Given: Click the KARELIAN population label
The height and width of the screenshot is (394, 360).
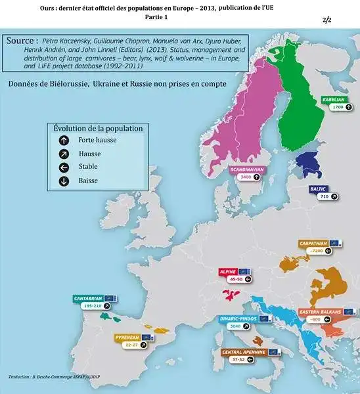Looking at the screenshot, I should coord(333,98).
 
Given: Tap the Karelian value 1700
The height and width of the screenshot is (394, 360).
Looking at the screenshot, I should coord(338,106).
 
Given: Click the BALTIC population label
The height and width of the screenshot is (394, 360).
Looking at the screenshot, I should coord(319,188).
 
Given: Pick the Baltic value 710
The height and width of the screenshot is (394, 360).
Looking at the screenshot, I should coord(323,196).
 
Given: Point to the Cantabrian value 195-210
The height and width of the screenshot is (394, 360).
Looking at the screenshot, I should coord(92,306).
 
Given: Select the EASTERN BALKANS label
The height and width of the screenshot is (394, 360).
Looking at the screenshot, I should coord(319,311).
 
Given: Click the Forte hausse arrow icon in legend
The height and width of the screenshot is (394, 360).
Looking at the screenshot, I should coord(64,141).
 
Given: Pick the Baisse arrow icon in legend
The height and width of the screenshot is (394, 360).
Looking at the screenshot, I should coord(64,181).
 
